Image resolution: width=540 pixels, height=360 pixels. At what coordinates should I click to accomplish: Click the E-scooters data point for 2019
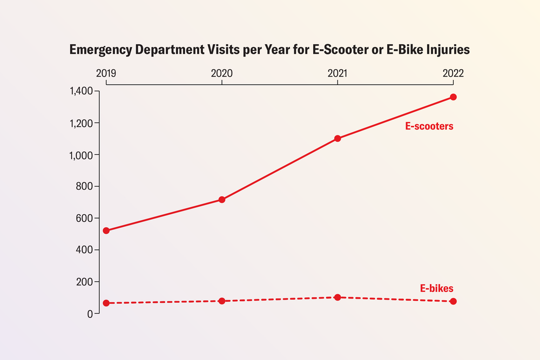(x=106, y=230)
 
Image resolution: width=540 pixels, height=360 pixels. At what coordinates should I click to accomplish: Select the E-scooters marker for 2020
(x=221, y=200)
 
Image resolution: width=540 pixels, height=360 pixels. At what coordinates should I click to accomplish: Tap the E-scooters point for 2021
(x=337, y=138)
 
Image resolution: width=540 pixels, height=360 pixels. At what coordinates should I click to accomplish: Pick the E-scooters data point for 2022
(x=453, y=97)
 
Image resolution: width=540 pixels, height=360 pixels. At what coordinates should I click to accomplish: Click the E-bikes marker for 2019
(x=106, y=303)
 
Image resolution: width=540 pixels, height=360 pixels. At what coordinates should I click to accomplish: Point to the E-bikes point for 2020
(x=221, y=301)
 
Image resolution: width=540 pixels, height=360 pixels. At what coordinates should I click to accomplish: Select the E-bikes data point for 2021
(x=337, y=297)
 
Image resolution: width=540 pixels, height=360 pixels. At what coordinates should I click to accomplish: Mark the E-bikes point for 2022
(x=453, y=301)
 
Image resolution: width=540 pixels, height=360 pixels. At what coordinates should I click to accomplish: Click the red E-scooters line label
(x=429, y=126)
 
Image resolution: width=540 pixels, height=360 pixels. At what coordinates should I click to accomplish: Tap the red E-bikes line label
(x=437, y=288)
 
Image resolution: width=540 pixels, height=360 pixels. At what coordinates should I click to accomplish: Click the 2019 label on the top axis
(x=106, y=73)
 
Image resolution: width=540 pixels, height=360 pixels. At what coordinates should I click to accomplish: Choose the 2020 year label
(x=221, y=73)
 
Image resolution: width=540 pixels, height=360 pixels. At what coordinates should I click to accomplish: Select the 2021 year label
(x=337, y=73)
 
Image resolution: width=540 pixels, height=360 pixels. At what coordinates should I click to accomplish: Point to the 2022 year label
(x=453, y=73)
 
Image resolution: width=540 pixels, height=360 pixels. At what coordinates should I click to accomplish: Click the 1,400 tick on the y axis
(x=81, y=91)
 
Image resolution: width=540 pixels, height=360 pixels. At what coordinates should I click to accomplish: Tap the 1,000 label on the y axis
(x=81, y=154)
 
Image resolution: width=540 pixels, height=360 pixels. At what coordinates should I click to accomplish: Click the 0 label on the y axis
(x=90, y=314)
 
